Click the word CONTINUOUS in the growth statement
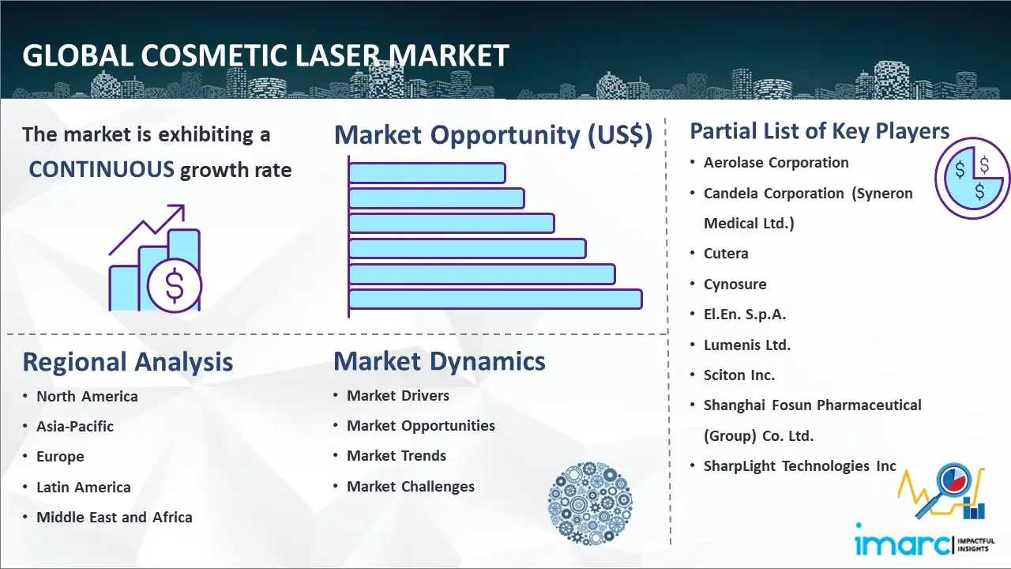click(102, 170)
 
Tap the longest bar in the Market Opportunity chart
click(495, 300)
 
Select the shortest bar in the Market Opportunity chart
click(427, 173)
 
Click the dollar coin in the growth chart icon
click(175, 286)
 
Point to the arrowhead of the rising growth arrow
click(179, 210)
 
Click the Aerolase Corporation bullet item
click(776, 163)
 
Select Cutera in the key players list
click(726, 254)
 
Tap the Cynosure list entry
click(735, 284)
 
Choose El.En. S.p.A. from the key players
click(745, 315)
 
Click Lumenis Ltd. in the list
click(747, 345)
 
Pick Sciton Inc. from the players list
click(739, 375)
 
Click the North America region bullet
click(87, 397)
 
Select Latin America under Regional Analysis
click(84, 488)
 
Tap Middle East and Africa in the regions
click(115, 518)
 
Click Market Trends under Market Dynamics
click(397, 456)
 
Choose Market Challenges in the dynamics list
click(410, 486)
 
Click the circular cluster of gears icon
click(590, 503)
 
